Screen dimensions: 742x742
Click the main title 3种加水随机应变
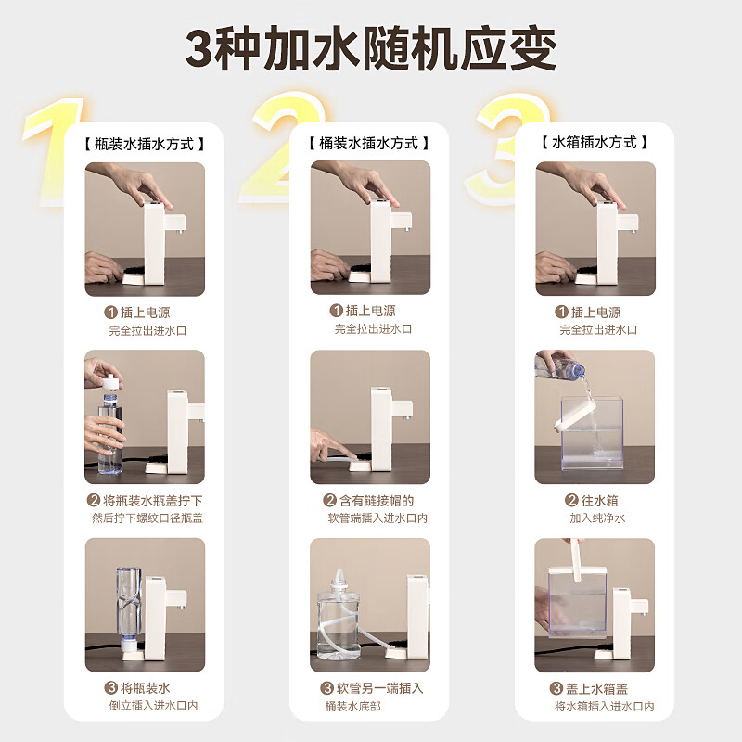371,49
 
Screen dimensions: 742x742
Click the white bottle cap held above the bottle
110,379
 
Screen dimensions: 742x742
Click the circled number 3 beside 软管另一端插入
326,688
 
